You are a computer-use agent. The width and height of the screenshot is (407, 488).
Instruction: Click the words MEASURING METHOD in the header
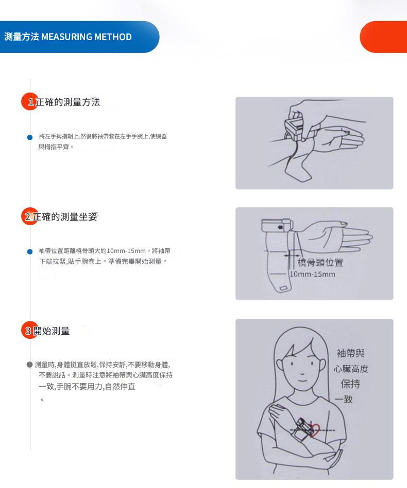point(87,37)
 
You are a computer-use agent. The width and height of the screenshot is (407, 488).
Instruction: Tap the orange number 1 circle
point(30,101)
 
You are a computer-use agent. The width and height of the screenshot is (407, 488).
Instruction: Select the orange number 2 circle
point(30,216)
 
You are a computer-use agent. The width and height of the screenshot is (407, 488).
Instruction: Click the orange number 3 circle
point(30,330)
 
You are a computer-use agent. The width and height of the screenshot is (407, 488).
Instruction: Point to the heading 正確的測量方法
point(67,102)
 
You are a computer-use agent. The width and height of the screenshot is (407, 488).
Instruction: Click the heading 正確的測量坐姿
point(65,216)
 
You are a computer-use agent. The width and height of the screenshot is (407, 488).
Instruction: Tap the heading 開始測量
point(52,331)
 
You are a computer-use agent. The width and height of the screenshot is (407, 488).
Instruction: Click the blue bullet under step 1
point(30,137)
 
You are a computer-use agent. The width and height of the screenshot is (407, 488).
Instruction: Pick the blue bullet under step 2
point(30,251)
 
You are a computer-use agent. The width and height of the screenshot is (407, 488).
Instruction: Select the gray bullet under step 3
point(30,365)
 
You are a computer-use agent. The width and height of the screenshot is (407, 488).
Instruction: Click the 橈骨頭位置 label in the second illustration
point(320,263)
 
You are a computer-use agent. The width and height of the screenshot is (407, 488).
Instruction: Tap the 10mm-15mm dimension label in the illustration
point(313,274)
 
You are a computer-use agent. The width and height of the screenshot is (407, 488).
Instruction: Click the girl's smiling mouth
point(302,381)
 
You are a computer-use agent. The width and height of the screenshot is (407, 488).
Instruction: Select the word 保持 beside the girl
point(350,384)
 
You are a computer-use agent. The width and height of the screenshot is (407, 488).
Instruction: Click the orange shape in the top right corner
point(384,37)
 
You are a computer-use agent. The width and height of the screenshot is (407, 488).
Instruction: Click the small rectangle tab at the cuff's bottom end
point(284,288)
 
